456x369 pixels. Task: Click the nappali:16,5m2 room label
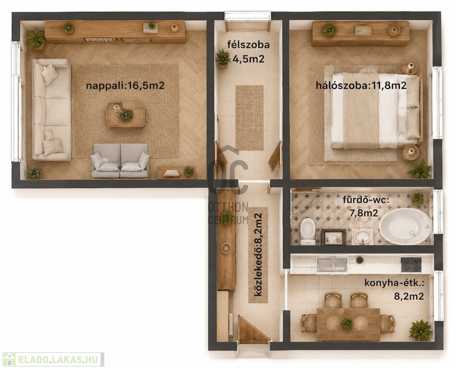point(125,86)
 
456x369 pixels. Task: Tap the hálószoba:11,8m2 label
point(361,86)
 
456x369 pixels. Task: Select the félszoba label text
point(248,45)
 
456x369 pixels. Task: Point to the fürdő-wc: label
point(366,200)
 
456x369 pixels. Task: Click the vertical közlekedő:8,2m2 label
point(258,255)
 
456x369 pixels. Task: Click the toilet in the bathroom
point(308,232)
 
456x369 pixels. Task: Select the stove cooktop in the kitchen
point(411,264)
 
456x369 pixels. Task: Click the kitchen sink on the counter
point(332,265)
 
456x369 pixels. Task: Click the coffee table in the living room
point(125,114)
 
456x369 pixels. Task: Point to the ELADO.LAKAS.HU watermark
point(53,359)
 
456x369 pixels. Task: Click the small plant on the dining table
point(347,323)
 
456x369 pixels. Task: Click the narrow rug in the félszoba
point(249,118)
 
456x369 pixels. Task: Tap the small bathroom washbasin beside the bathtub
point(362,236)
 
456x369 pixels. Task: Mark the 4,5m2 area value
point(248,59)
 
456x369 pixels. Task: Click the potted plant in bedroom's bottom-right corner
point(419,169)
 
